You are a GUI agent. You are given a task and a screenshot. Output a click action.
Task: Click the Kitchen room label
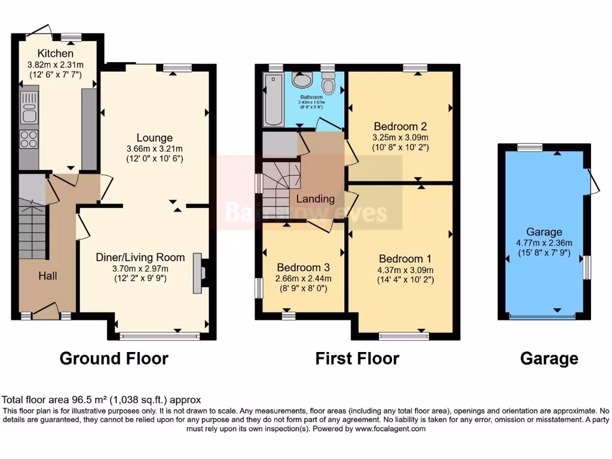pos(56,54)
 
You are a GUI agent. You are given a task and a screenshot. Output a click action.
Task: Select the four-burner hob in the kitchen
pos(29,139)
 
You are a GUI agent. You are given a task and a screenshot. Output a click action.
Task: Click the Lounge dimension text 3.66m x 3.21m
pos(154,149)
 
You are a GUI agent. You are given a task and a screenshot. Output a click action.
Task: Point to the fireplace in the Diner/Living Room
pos(198,276)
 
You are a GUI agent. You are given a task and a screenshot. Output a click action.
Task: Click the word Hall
pos(48,276)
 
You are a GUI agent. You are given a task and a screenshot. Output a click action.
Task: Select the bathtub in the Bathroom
pos(274,99)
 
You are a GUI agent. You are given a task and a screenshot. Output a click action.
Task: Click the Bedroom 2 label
pos(400,126)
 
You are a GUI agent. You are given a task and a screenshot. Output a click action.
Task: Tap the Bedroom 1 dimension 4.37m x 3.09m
pos(405,270)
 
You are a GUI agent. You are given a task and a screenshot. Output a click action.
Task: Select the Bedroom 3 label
pos(302,268)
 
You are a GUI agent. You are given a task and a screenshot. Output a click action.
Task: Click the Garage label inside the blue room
pos(544,232)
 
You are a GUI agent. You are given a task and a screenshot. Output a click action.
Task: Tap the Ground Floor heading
pos(114,359)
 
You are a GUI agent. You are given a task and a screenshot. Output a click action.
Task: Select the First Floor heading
pos(357,359)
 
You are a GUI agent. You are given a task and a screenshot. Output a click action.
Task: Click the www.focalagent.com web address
pos(390,429)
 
